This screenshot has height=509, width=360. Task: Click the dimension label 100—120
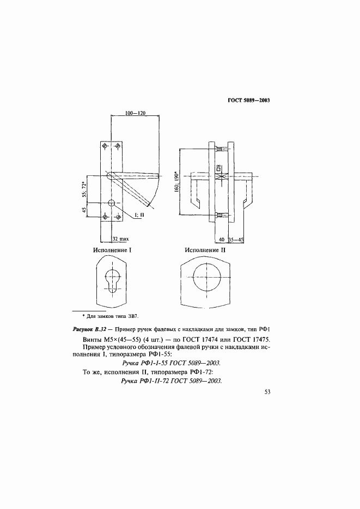136,113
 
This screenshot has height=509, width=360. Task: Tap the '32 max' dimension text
120,238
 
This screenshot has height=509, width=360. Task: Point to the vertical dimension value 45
85,210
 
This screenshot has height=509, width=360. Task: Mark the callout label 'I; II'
139,216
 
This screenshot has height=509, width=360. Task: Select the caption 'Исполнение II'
205,250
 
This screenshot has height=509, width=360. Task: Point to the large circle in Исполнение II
205,280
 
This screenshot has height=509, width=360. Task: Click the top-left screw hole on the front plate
105,145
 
